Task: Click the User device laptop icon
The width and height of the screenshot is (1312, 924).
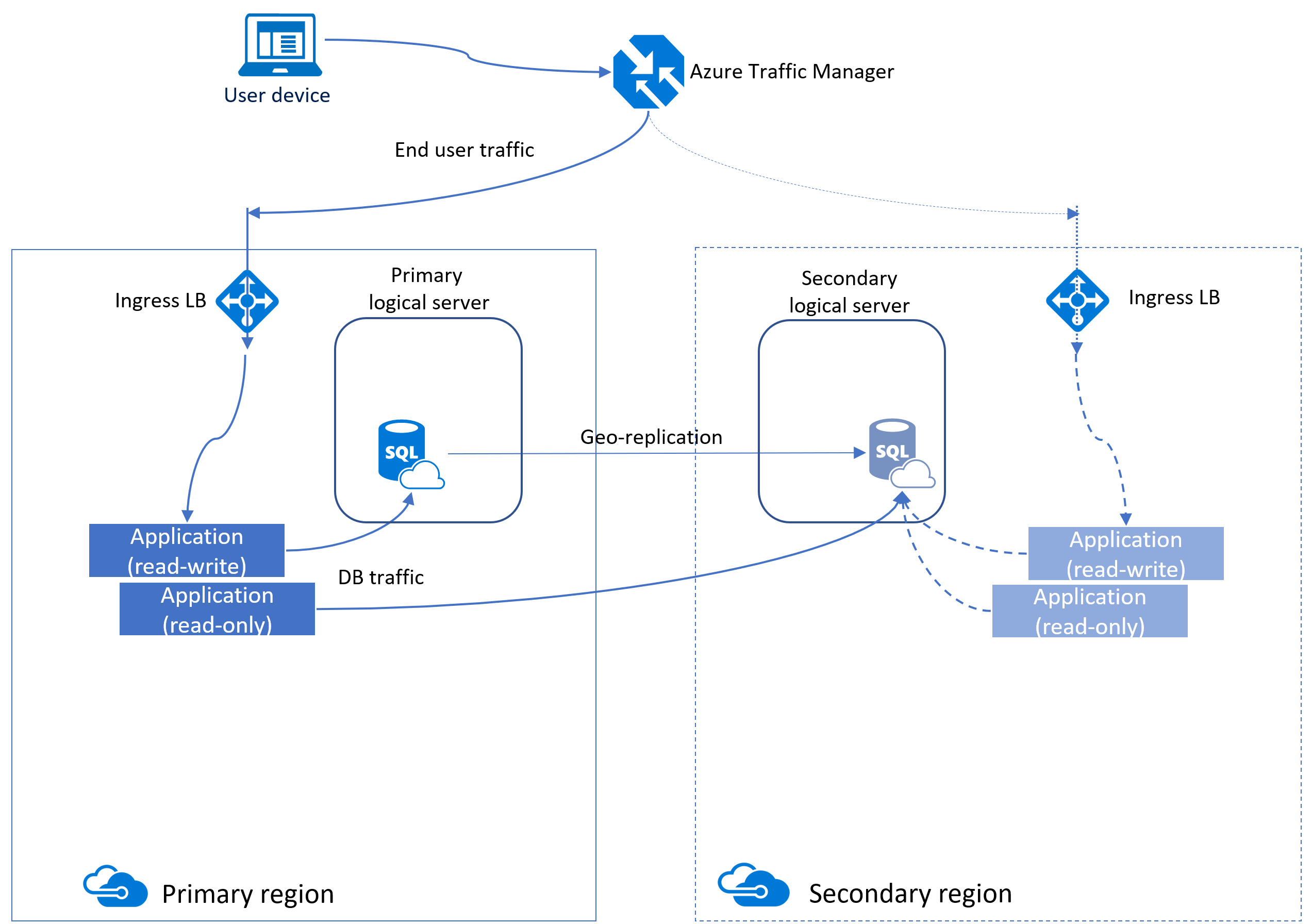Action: pyautogui.click(x=280, y=44)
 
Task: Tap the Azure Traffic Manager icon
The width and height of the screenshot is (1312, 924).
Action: pyautogui.click(x=648, y=72)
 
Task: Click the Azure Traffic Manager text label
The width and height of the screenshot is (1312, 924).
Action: pyautogui.click(x=791, y=72)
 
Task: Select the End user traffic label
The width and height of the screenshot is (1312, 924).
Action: pyautogui.click(x=464, y=150)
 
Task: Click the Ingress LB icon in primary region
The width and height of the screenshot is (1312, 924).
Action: pyautogui.click(x=247, y=301)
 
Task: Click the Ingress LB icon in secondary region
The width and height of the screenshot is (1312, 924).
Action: pyautogui.click(x=1076, y=300)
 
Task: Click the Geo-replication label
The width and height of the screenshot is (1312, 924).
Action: pyautogui.click(x=651, y=437)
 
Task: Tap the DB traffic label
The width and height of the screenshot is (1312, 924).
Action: pyautogui.click(x=380, y=577)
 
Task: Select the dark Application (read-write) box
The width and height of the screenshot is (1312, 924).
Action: pyautogui.click(x=186, y=550)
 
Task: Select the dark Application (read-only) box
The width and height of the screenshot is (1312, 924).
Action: pyautogui.click(x=217, y=609)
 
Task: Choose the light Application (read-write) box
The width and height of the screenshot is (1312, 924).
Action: pyautogui.click(x=1125, y=553)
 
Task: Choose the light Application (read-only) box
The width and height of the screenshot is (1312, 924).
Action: pyautogui.click(x=1089, y=611)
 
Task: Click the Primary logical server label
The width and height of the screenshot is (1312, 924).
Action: pyautogui.click(x=428, y=289)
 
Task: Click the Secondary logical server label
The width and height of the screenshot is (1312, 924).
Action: pyautogui.click(x=849, y=291)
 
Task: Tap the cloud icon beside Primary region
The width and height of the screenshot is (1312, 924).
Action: pyautogui.click(x=115, y=886)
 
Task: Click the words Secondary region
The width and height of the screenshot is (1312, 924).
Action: pyautogui.click(x=910, y=893)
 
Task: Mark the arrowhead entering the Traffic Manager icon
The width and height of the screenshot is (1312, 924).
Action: pyautogui.click(x=605, y=72)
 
